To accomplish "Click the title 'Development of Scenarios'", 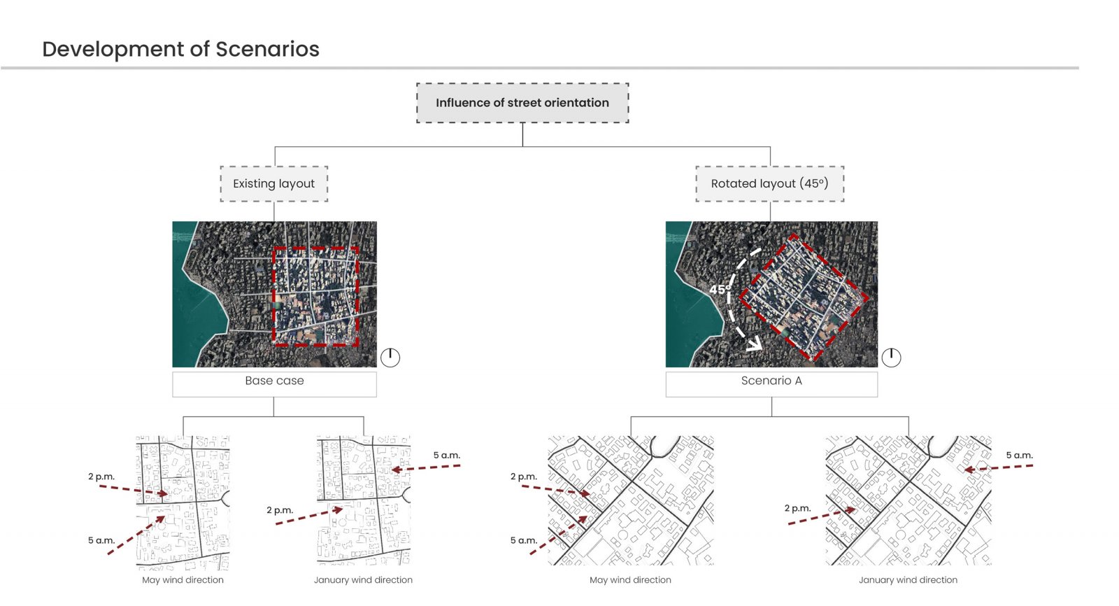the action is point(180,49).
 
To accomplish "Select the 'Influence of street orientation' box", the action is point(522,103).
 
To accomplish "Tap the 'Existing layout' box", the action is point(273,184).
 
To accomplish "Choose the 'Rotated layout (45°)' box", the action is point(770,184).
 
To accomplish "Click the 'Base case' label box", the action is point(274,383).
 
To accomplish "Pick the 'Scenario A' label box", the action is point(771,383).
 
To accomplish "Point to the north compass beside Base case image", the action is point(390,358).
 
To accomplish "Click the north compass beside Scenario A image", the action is point(891,358).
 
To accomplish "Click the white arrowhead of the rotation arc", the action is point(755,344).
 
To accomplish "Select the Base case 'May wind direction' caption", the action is point(183,580).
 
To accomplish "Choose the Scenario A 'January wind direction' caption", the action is point(908,580).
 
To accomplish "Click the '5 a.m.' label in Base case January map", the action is point(447,456).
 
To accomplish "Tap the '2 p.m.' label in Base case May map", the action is point(101,477).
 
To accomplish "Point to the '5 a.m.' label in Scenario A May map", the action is point(524,540).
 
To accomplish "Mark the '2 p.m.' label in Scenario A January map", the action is point(798,509).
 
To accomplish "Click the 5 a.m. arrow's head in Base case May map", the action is point(160,519).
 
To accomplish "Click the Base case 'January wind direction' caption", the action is point(363,580).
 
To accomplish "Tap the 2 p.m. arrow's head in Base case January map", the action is point(338,510).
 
